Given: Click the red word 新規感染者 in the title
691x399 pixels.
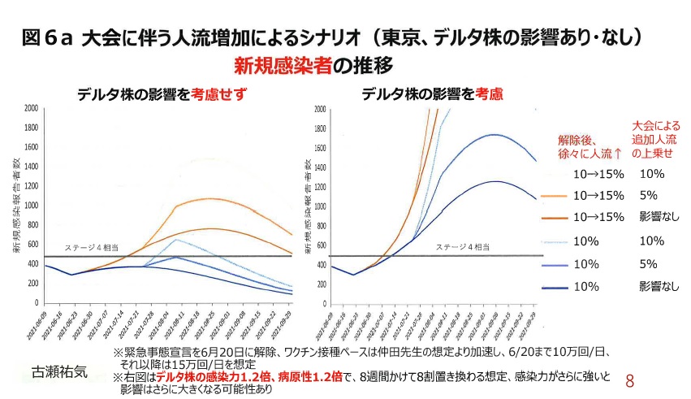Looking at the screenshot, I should click(282, 65).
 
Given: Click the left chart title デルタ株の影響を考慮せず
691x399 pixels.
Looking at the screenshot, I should click(162, 94).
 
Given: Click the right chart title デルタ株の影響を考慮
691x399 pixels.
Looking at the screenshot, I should click(432, 94).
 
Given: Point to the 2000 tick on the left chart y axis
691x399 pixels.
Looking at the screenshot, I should click(30, 108).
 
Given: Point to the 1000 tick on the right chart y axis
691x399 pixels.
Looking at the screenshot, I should click(318, 206).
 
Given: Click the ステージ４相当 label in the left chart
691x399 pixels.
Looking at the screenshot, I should click(88, 248).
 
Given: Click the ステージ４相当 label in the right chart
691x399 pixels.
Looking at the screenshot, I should click(460, 246).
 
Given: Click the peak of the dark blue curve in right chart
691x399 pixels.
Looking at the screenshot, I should click(496, 182).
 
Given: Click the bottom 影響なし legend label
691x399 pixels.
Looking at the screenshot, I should click(657, 286).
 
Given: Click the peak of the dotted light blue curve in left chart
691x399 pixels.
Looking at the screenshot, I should click(175, 239).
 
